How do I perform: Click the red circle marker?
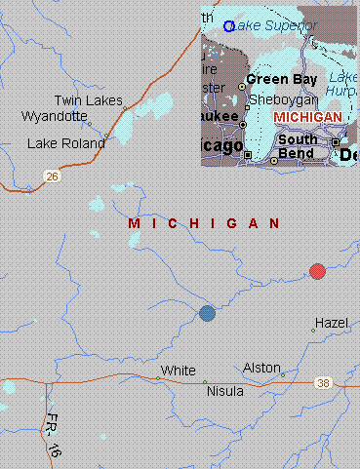coord(317,271)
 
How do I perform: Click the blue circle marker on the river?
coord(207,313)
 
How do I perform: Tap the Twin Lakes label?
coord(88,100)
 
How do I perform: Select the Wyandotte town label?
coord(55,116)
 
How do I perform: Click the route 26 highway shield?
coord(50,176)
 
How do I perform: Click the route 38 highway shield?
coord(323,383)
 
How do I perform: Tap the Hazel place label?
coord(331,322)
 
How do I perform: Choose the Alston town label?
coord(261,367)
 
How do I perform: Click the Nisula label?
coord(225,391)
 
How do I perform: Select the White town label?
coord(179,371)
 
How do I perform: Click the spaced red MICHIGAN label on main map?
coord(205,224)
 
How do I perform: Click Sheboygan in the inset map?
coord(282,99)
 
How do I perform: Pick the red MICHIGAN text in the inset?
coord(308,117)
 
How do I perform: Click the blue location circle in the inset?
coord(228,26)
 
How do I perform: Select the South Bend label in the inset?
coord(296,146)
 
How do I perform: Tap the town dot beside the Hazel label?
coord(313,331)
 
